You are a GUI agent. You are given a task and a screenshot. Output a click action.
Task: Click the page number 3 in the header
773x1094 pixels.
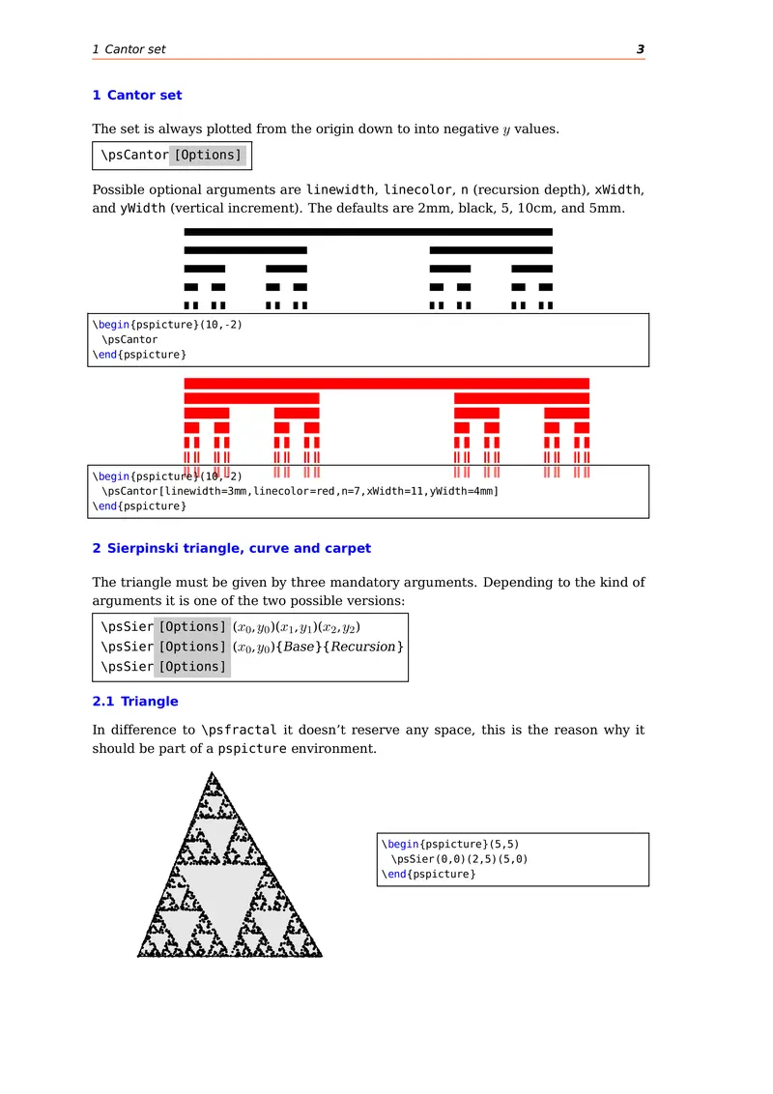pos(640,49)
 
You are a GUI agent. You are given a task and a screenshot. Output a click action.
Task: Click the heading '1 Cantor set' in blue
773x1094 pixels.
pos(137,95)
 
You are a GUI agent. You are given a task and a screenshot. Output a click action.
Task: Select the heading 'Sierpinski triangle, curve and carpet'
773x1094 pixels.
pos(239,548)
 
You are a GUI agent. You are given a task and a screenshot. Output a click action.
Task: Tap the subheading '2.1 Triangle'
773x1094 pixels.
pos(135,701)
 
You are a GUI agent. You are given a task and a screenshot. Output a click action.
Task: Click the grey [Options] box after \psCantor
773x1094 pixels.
pos(208,155)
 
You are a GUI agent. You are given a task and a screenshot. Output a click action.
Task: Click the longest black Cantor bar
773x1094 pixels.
pos(368,232)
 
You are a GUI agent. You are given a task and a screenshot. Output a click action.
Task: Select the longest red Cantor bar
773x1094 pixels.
pos(386,384)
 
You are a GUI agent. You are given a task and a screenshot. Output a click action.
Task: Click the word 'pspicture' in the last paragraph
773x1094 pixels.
pos(251,749)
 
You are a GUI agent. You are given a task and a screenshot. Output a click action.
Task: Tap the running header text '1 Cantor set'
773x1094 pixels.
pos(129,49)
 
